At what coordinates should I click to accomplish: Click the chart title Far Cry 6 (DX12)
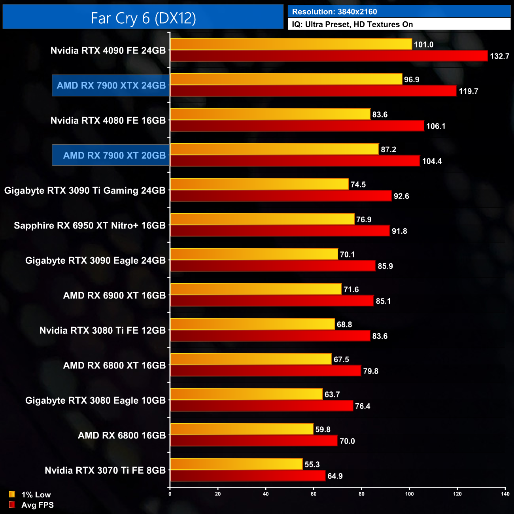[143, 18]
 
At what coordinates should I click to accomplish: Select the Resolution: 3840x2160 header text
[334, 12]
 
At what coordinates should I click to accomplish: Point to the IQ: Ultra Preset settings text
[352, 25]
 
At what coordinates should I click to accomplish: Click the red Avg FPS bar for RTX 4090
[329, 56]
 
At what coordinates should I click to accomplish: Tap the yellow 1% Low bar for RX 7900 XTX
[286, 79]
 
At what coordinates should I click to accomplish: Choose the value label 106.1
[436, 126]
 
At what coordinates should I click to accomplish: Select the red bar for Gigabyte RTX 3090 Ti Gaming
[281, 196]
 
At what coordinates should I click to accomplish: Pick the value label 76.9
[364, 219]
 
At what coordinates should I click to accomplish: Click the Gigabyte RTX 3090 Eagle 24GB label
[95, 261]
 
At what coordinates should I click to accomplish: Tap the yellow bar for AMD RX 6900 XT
[256, 289]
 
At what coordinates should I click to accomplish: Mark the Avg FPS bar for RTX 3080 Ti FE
[270, 336]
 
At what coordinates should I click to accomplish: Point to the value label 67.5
[341, 359]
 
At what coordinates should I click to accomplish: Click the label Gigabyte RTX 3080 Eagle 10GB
[95, 401]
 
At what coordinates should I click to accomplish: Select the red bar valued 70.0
[254, 441]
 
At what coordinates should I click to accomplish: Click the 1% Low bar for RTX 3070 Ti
[236, 464]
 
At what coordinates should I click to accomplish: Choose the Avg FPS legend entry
[31, 505]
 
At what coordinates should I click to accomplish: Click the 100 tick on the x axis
[409, 494]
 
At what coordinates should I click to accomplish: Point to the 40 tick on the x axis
[266, 494]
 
